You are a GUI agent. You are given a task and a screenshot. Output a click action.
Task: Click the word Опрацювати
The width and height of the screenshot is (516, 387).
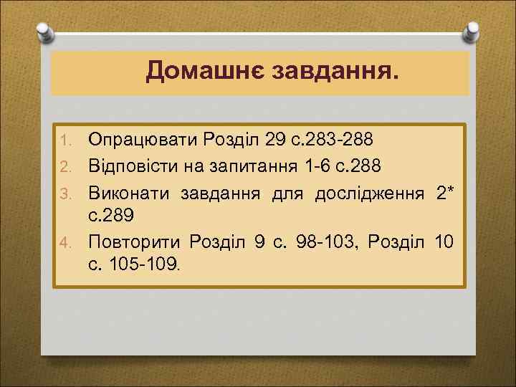pos(143,137)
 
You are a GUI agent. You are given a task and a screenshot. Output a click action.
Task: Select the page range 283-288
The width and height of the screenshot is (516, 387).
pos(324,137)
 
